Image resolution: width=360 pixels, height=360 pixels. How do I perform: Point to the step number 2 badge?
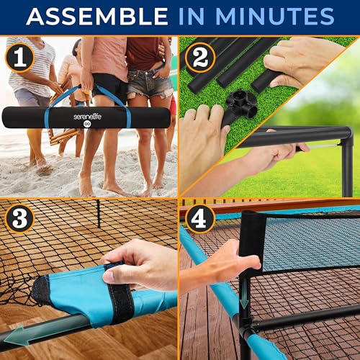pyautogui.click(x=199, y=55)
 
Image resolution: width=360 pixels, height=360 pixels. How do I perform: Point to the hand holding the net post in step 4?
pyautogui.click(x=216, y=263)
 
